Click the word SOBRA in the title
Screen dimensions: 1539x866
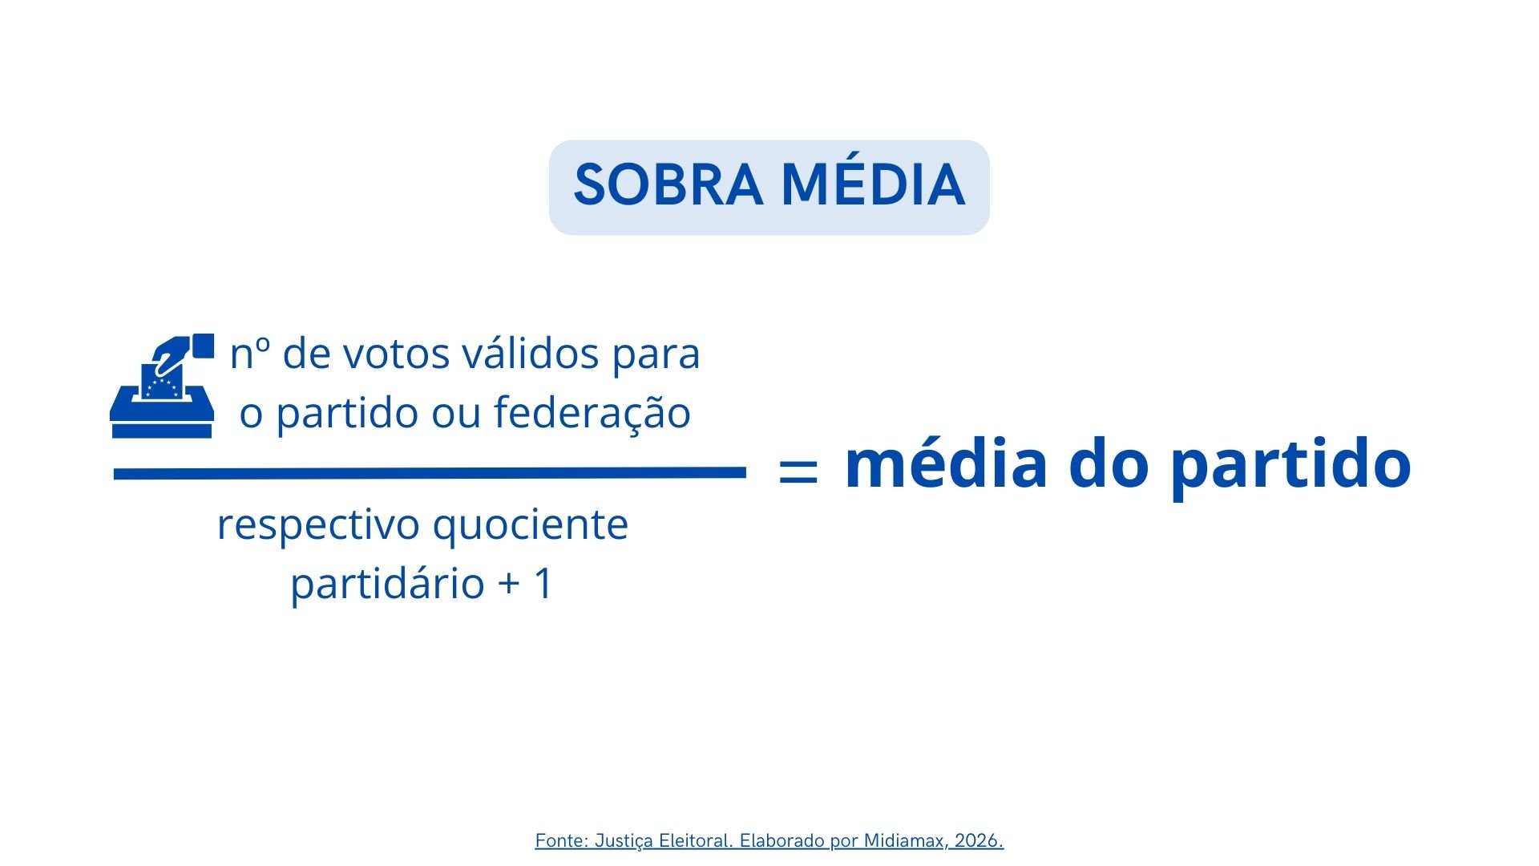[x=669, y=185]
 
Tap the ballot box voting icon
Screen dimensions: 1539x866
[x=162, y=386]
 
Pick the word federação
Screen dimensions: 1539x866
[x=592, y=412]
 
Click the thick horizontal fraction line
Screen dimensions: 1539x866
[x=430, y=474]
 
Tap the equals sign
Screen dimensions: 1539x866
[x=798, y=470]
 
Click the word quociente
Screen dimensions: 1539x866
[x=531, y=526]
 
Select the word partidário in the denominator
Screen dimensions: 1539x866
[x=387, y=583]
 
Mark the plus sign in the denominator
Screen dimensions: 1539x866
[x=509, y=584]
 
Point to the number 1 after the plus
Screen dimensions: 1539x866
[x=543, y=583]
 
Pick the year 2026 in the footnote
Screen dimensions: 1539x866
[x=979, y=840]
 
